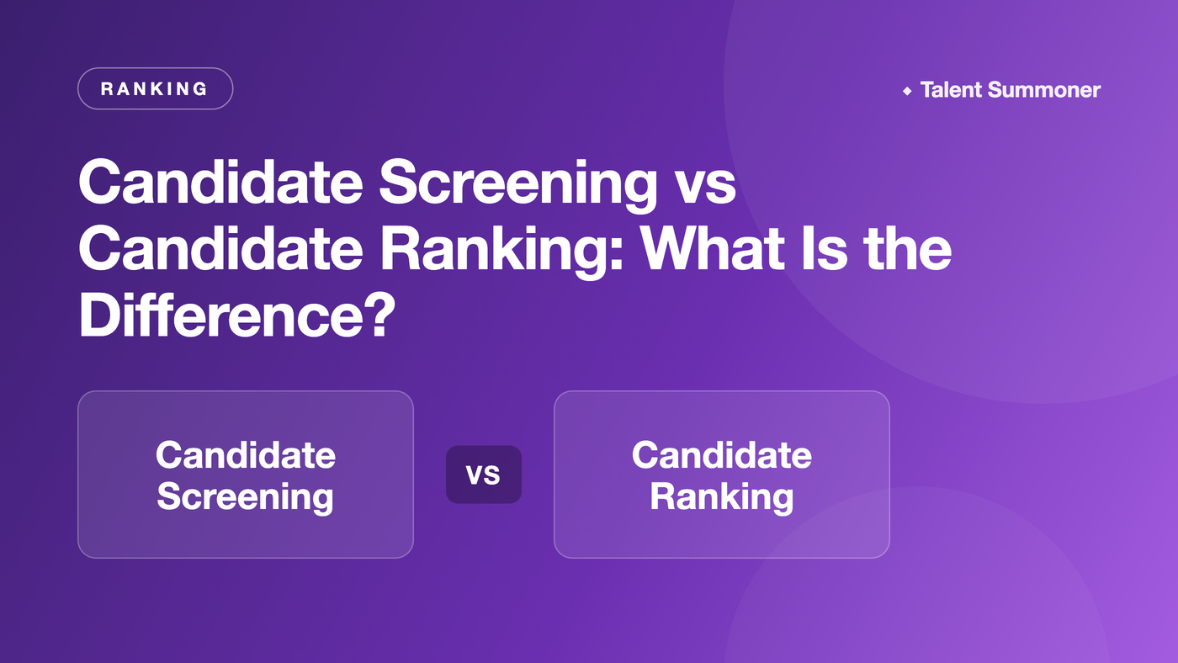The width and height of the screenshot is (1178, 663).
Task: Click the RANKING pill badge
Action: pyautogui.click(x=155, y=88)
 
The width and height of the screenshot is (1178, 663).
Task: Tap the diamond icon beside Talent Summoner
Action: pyautogui.click(x=907, y=91)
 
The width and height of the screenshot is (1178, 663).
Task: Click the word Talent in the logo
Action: pyautogui.click(x=951, y=90)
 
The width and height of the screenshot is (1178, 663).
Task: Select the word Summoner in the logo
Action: pyautogui.click(x=1044, y=90)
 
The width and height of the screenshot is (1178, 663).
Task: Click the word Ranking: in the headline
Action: pyautogui.click(x=501, y=250)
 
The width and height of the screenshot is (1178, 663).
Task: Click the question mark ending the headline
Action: pyautogui.click(x=379, y=315)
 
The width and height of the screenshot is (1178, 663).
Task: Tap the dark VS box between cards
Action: pyautogui.click(x=484, y=475)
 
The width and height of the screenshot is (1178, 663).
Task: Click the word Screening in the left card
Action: pyautogui.click(x=245, y=498)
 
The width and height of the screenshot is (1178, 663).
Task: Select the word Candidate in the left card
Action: pyautogui.click(x=246, y=455)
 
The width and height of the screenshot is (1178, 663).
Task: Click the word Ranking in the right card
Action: pyautogui.click(x=722, y=498)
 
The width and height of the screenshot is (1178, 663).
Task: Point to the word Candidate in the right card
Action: pyautogui.click(x=722, y=455)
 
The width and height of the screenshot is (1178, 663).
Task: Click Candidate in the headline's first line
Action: pyautogui.click(x=220, y=182)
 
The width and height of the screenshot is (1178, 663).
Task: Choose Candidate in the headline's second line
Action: pyautogui.click(x=220, y=248)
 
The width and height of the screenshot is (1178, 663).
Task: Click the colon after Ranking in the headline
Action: pyautogui.click(x=618, y=253)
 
